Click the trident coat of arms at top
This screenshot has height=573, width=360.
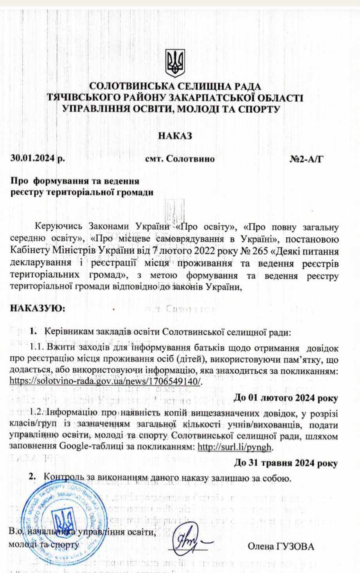click(175, 63)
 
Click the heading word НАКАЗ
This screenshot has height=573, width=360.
click(175, 136)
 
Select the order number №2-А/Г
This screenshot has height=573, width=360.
click(307, 159)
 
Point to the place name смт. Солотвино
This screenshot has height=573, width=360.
click(180, 159)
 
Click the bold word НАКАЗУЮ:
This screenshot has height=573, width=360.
click(38, 308)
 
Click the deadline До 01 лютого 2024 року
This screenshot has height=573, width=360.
click(286, 398)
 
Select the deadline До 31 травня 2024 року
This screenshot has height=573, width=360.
click(286, 463)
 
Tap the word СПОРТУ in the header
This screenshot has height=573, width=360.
click(259, 109)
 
